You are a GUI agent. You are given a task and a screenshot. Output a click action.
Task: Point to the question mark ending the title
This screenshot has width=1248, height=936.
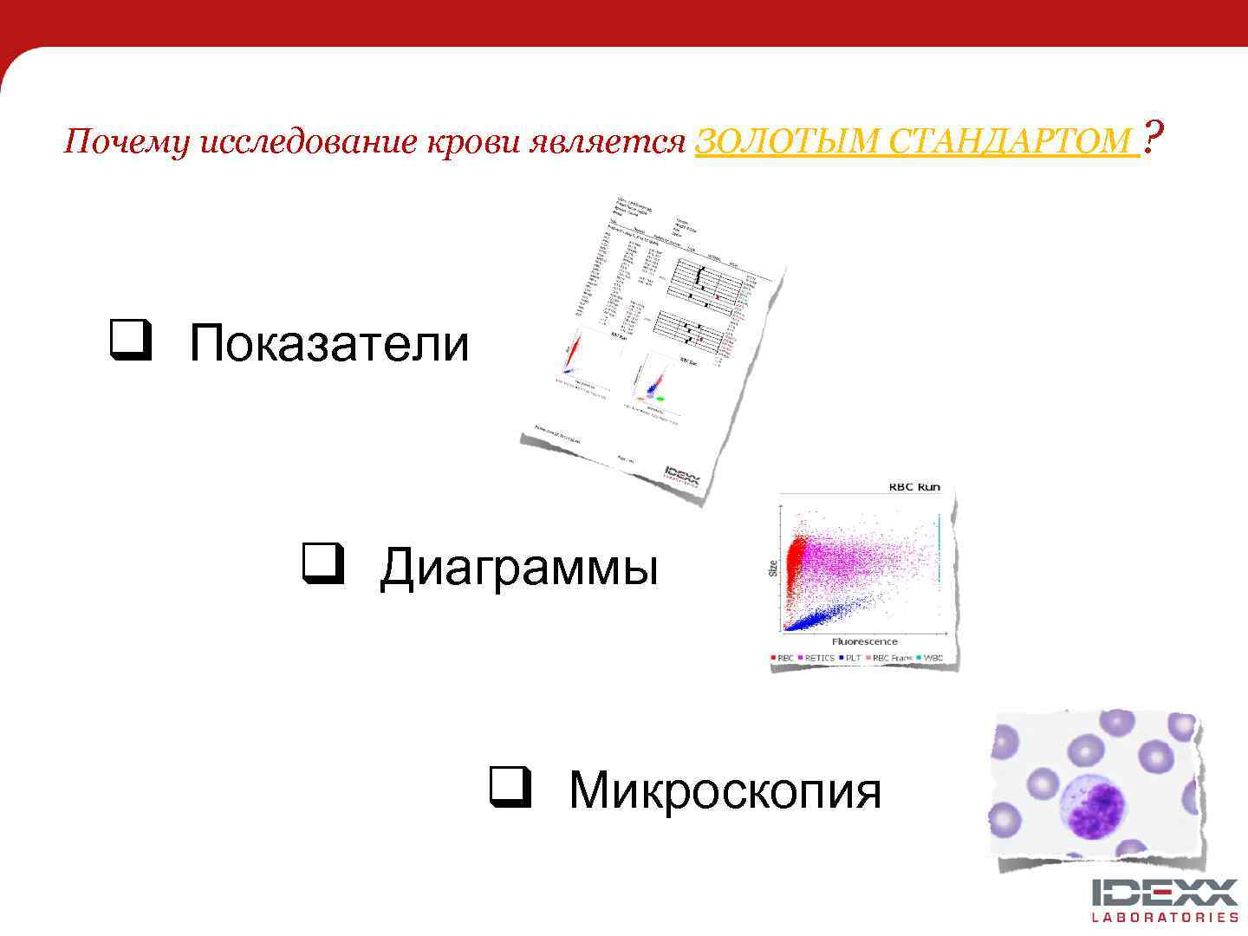(1153, 136)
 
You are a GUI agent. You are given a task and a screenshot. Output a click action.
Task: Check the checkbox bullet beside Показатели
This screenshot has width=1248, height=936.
(130, 341)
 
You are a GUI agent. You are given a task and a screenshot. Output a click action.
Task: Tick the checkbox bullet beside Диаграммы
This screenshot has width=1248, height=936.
(322, 564)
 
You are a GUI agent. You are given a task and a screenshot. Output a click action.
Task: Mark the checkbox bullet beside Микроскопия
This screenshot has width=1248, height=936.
(510, 787)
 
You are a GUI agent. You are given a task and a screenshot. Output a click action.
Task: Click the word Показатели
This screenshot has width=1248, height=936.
(328, 343)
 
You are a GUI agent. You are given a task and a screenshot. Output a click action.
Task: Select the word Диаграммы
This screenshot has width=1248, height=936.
(519, 569)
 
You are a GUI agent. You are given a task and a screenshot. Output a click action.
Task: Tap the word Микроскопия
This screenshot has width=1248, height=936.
(725, 790)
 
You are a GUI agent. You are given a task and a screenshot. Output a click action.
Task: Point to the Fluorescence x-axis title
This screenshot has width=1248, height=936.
(864, 641)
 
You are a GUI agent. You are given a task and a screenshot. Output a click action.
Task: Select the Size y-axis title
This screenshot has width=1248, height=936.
(772, 569)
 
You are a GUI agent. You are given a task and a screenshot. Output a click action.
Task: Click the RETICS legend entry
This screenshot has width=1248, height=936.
(818, 658)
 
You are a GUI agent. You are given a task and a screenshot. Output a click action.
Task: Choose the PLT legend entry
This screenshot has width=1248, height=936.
(852, 658)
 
